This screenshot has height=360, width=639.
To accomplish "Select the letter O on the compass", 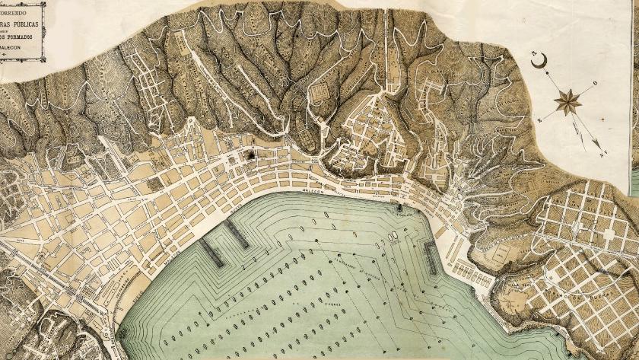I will [595, 84].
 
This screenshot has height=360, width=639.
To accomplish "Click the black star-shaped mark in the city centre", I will [248, 155].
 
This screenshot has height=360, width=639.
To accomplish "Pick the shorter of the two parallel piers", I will [237, 236].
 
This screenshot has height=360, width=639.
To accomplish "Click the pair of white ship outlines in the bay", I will [394, 237].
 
